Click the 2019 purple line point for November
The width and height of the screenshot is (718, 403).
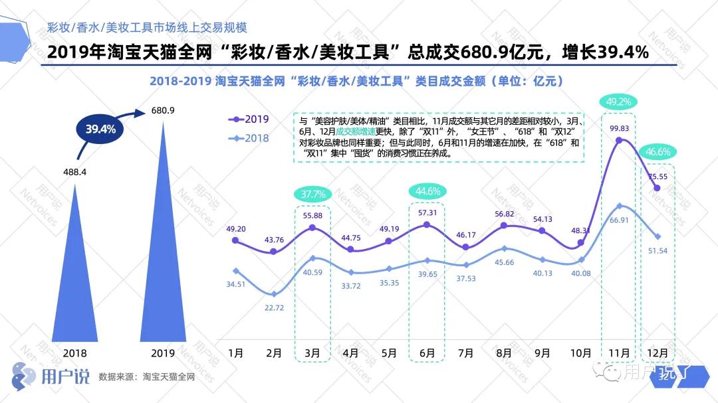[x=619, y=140]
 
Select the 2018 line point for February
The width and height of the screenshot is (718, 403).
[x=273, y=293]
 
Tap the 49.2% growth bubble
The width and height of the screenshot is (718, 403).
[x=619, y=102]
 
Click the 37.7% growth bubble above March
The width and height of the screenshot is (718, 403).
[x=312, y=195]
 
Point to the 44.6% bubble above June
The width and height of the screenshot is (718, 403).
[x=427, y=191]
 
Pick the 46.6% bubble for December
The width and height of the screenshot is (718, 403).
[x=657, y=152]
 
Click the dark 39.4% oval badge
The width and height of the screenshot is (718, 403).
[x=100, y=129]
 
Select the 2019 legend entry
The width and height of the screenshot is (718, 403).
[x=249, y=120]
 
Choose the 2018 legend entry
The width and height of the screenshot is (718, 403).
[x=249, y=138]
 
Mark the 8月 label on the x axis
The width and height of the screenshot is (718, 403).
[x=503, y=353]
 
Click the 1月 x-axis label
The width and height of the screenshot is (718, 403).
[x=235, y=353]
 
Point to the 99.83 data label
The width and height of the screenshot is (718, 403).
[x=618, y=127]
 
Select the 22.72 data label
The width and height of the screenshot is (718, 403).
[x=274, y=308]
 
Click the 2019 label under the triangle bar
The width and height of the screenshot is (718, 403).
[x=164, y=353]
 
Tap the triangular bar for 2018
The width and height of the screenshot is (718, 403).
[x=75, y=279]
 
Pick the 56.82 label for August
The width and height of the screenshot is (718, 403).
[x=503, y=214]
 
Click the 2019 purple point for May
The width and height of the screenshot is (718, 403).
[x=389, y=241]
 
